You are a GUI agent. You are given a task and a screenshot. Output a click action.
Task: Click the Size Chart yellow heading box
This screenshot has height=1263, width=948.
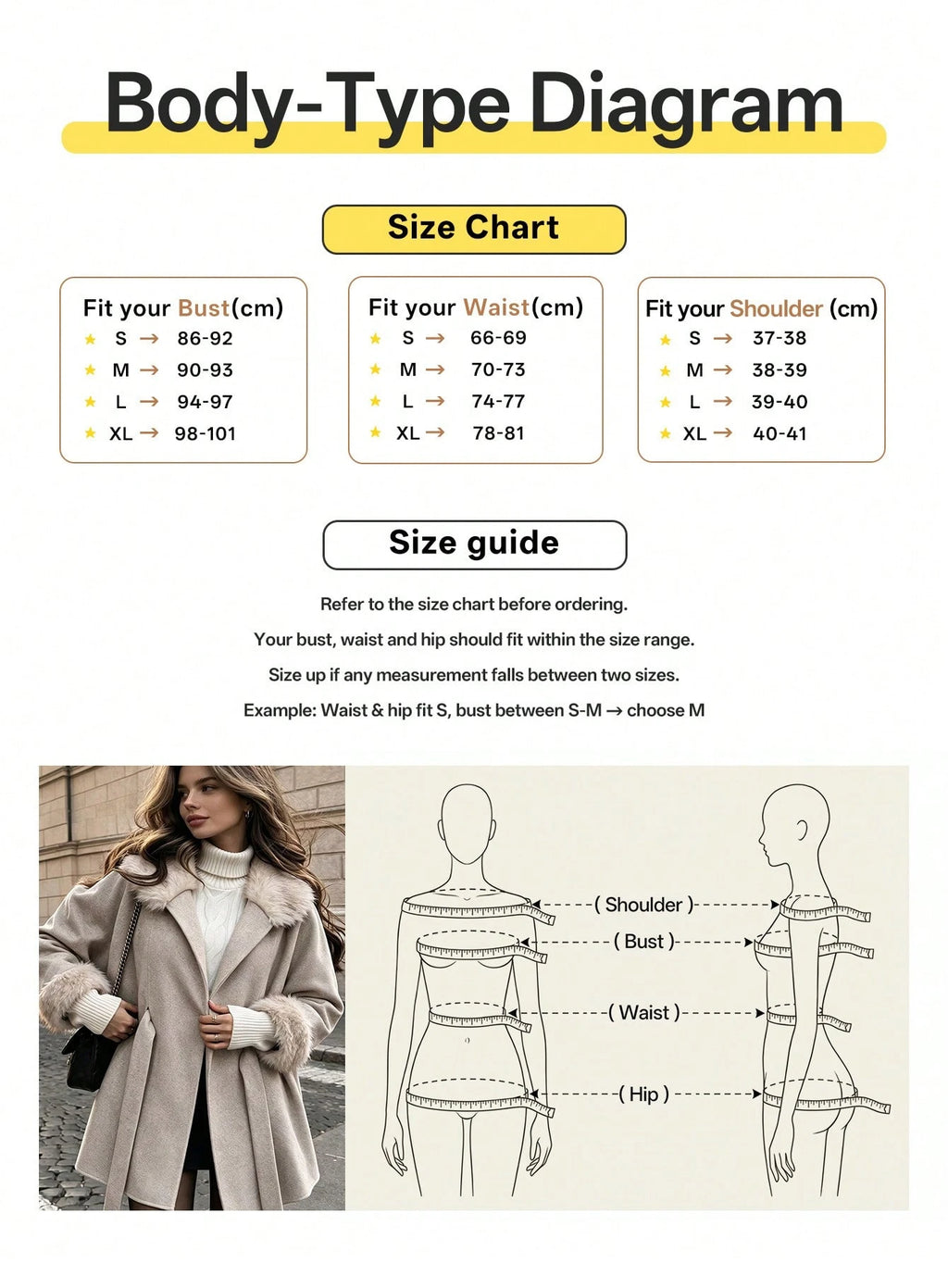pyautogui.click(x=474, y=229)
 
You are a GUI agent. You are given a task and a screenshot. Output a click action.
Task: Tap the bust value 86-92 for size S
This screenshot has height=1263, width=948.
pyautogui.click(x=205, y=338)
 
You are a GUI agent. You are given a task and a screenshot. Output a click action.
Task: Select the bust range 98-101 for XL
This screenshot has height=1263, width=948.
pyautogui.click(x=206, y=433)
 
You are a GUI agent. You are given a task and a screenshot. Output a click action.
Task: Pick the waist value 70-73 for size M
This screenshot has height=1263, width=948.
pyautogui.click(x=498, y=369)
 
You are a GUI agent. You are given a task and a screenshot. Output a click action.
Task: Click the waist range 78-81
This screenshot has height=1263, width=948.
pyautogui.click(x=499, y=432)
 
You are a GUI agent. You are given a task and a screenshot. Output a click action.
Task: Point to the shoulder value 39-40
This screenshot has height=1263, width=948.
pyautogui.click(x=780, y=402)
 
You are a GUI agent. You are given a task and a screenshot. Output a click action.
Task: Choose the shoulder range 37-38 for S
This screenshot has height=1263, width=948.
pyautogui.click(x=780, y=338)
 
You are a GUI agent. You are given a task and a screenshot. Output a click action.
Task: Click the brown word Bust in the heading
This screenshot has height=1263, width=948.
pyautogui.click(x=204, y=307)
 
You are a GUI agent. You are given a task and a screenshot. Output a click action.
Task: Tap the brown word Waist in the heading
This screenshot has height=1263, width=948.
pyautogui.click(x=496, y=307)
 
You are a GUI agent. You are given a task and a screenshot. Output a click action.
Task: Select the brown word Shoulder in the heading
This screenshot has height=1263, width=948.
pyautogui.click(x=777, y=308)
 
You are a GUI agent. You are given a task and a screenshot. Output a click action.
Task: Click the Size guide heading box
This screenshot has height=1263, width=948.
pyautogui.click(x=475, y=544)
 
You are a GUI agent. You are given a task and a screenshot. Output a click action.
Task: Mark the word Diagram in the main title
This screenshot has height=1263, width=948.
pyautogui.click(x=686, y=106)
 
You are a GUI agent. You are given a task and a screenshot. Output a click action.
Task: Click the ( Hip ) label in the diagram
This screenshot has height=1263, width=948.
pyautogui.click(x=643, y=1094)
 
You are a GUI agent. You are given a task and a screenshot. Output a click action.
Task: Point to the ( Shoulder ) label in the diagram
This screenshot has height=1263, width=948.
pyautogui.click(x=643, y=905)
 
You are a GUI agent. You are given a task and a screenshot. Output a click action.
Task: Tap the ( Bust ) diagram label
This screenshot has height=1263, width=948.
pyautogui.click(x=643, y=942)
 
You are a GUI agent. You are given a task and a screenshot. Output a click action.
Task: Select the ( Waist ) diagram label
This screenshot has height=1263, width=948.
pyautogui.click(x=644, y=1012)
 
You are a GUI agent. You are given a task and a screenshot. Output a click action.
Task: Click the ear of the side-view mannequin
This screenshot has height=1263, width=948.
pyautogui.click(x=802, y=830)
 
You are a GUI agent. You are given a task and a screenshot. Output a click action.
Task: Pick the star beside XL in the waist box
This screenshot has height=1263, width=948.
pyautogui.click(x=376, y=432)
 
